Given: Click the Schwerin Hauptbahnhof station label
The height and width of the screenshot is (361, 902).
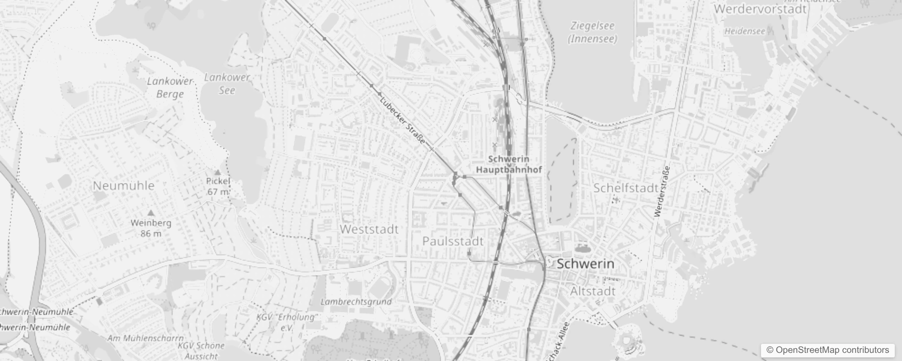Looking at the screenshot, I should pyautogui.click(x=509, y=165).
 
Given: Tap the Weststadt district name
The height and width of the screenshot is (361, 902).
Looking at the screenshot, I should pyautogui.click(x=369, y=229).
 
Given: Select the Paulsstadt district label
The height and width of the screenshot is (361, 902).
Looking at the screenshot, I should pyautogui.click(x=453, y=241).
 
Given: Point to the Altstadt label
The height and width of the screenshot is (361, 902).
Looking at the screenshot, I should pyautogui.click(x=592, y=292).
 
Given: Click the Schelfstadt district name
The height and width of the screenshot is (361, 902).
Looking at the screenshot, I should pyautogui.click(x=626, y=188).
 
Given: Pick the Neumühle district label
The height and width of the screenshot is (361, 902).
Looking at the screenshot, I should pyautogui.click(x=123, y=185).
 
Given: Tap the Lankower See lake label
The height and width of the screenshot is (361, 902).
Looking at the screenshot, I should pyautogui.click(x=227, y=84).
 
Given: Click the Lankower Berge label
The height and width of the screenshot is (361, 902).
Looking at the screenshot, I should pyautogui.click(x=170, y=88).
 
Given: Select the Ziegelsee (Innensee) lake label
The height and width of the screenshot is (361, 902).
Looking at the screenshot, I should pyautogui.click(x=592, y=32).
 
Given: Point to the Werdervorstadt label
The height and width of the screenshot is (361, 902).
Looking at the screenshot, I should pyautogui.click(x=760, y=9).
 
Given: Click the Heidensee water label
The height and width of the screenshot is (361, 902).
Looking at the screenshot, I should pyautogui.click(x=744, y=32).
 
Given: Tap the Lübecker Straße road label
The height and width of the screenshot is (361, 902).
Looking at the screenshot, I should pyautogui.click(x=403, y=121).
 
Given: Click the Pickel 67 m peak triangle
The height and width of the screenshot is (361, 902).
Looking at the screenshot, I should pyautogui.click(x=218, y=172).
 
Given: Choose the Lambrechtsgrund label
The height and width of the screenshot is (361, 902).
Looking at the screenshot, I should pyautogui.click(x=356, y=302).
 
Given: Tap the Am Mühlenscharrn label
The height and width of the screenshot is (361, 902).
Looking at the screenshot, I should pyautogui.click(x=146, y=338).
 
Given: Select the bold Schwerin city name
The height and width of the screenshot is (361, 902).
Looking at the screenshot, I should pyautogui.click(x=585, y=264).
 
